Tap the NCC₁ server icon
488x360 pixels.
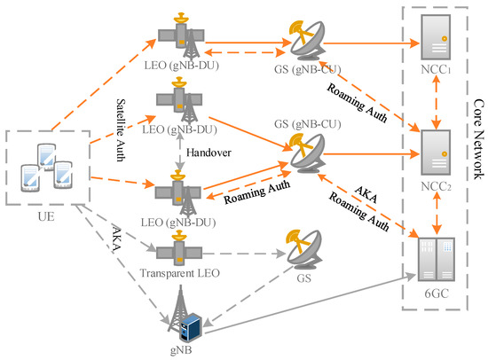tap(441, 40)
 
